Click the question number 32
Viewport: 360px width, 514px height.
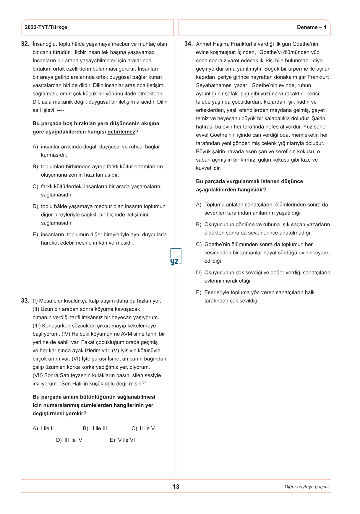[x=25, y=44]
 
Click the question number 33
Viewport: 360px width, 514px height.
[x=25, y=301]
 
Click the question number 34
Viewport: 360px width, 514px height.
[x=188, y=44]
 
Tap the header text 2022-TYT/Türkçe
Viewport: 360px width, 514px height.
[x=46, y=27]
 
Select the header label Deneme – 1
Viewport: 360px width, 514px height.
[x=312, y=27]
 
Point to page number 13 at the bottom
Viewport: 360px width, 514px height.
[x=176, y=487]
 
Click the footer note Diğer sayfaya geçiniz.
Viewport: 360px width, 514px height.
[x=307, y=487]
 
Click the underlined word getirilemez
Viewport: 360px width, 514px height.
[x=121, y=132]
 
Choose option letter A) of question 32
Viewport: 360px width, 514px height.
[x=35, y=147]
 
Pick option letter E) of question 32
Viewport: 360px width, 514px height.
[x=35, y=235]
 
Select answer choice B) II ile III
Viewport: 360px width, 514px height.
[x=95, y=428]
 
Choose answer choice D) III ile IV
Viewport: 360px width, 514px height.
[x=69, y=440]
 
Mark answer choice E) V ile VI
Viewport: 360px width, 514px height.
[x=122, y=440]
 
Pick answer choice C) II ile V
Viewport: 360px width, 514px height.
[x=143, y=428]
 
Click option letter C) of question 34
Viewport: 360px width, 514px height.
[x=199, y=245]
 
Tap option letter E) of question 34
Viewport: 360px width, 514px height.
[x=199, y=292]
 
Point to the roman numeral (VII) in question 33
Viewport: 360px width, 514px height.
[x=38, y=375]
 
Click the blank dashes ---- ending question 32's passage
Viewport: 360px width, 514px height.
[x=61, y=110]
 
